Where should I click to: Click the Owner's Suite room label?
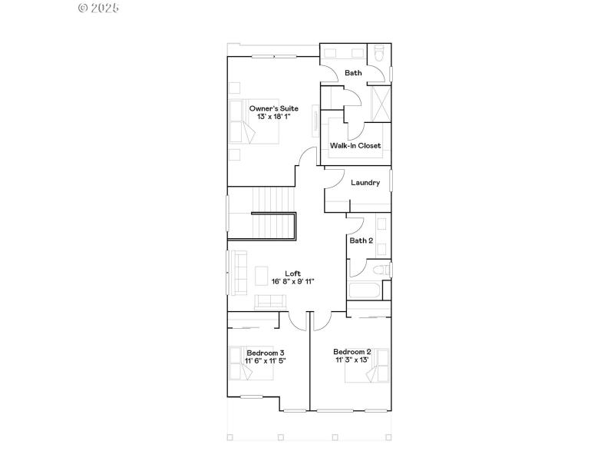point(273,108)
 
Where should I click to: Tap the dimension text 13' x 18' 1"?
point(273,117)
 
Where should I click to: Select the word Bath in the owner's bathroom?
point(353,73)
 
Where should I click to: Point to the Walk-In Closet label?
point(355,145)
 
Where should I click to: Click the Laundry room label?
point(365,183)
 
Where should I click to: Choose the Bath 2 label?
point(361,240)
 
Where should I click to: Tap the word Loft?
point(292,273)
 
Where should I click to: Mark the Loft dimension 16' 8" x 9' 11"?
point(292,281)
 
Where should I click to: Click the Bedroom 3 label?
point(266,353)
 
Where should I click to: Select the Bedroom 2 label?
point(352,352)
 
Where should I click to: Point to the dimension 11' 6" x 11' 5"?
point(266,360)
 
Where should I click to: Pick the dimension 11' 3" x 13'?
point(352,360)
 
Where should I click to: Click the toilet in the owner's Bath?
point(377,55)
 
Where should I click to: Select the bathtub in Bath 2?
point(365,291)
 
